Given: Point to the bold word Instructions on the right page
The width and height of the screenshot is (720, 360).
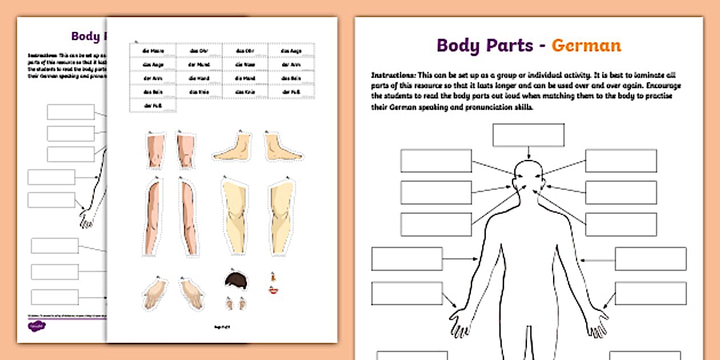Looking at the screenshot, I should pyautogui.click(x=394, y=75).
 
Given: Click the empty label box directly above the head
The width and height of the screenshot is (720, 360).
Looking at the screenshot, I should pyautogui.click(x=528, y=135).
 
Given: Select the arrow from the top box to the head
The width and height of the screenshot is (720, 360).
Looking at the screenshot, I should pyautogui.click(x=529, y=153).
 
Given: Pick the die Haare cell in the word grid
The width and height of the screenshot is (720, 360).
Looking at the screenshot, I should pyautogui.click(x=153, y=51).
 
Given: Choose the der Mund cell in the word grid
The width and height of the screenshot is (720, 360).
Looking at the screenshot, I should pyautogui.click(x=199, y=65).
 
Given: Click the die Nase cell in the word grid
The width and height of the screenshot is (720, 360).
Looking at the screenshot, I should pyautogui.click(x=245, y=65).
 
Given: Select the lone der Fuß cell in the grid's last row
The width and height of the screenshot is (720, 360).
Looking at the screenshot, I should pyautogui.click(x=153, y=105).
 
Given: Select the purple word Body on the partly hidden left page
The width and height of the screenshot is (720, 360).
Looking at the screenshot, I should pyautogui.click(x=85, y=36).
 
